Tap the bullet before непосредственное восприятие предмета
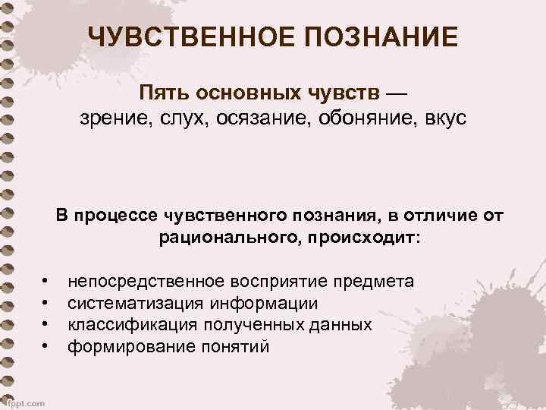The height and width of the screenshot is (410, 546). (46, 282)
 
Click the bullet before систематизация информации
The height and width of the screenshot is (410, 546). (46, 304)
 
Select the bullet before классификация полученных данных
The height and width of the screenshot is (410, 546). (46, 326)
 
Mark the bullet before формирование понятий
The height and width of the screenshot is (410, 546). (46, 347)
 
